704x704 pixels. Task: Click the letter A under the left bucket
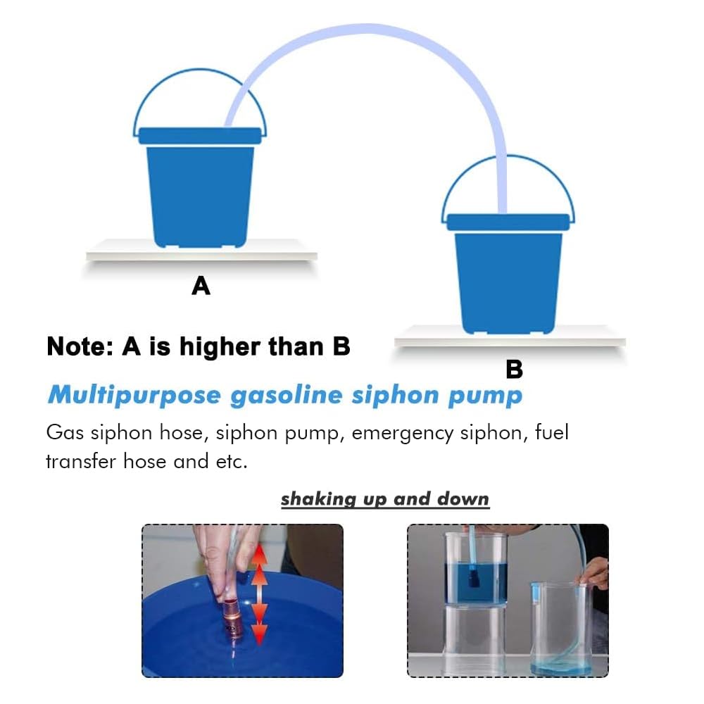[201, 286]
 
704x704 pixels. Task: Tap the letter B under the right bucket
[514, 369]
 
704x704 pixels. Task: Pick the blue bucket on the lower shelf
[508, 275]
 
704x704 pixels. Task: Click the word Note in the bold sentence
[79, 346]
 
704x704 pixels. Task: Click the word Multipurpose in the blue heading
[134, 396]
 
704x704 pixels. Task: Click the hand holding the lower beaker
[593, 572]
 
